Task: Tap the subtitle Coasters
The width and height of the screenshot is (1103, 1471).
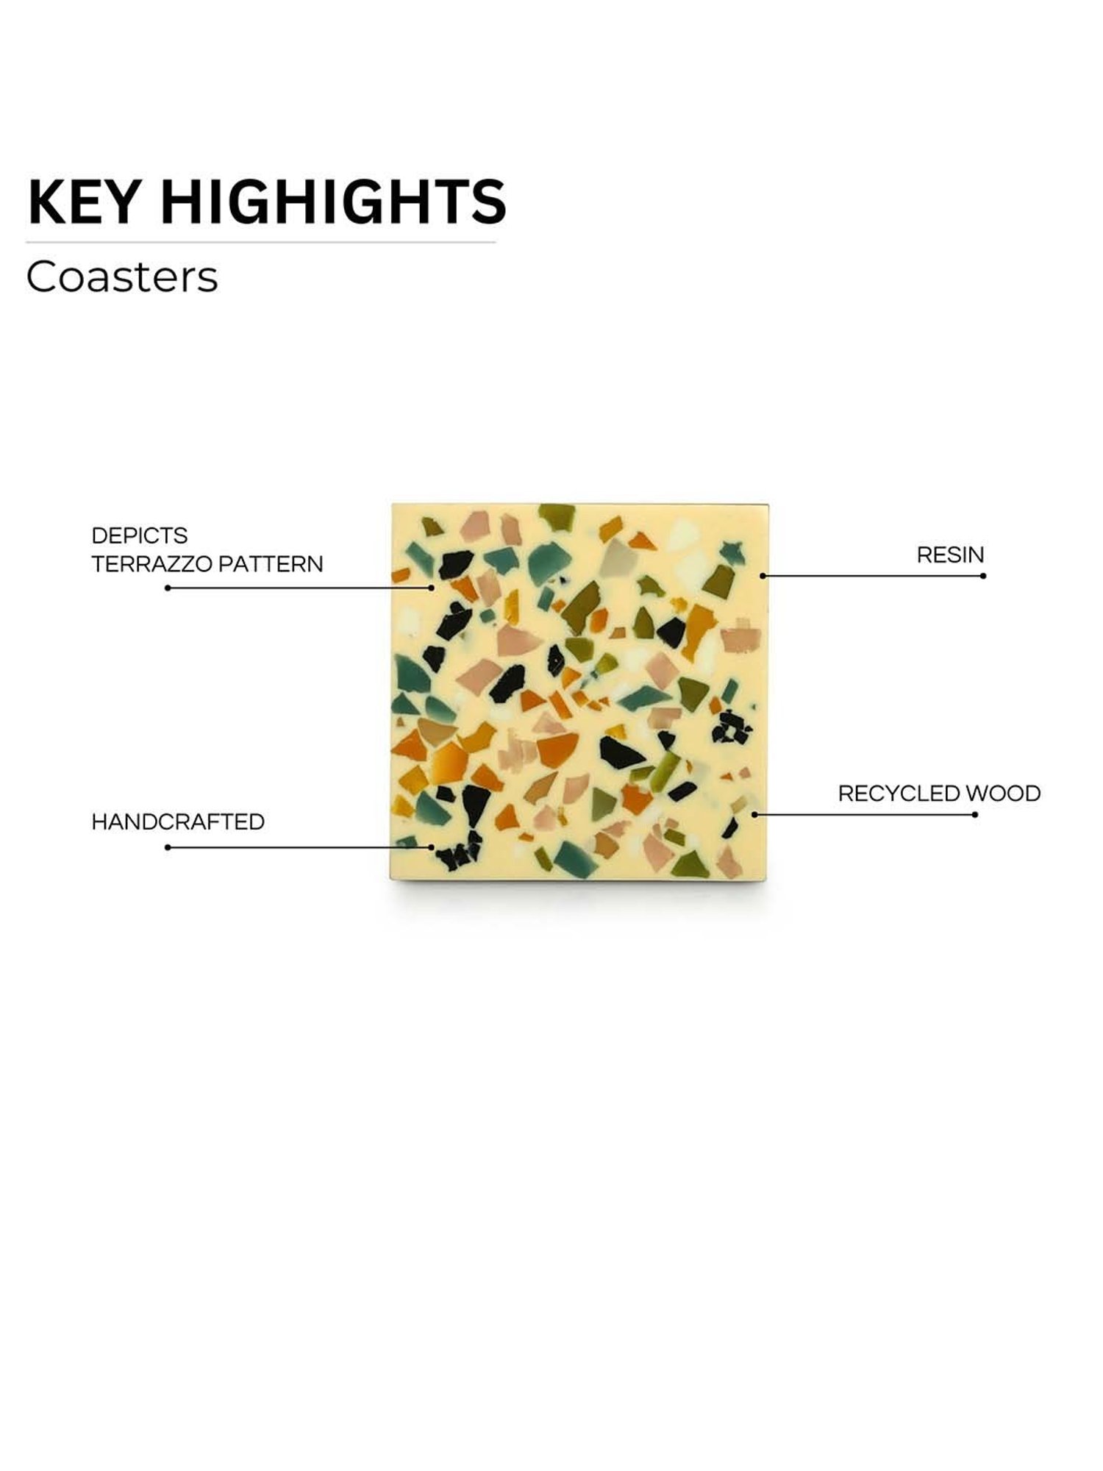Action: (x=122, y=277)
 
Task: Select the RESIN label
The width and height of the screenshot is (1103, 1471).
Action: (x=950, y=555)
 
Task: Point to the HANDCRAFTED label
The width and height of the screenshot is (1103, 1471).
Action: (x=178, y=822)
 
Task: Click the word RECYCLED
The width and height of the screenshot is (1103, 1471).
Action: (x=899, y=794)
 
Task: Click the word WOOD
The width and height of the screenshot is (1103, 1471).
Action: (x=1003, y=794)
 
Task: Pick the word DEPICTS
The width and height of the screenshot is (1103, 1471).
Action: (x=140, y=535)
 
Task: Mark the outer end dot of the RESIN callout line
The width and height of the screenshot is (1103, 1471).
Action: (x=983, y=576)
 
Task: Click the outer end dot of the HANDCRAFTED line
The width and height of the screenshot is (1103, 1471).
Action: (x=168, y=847)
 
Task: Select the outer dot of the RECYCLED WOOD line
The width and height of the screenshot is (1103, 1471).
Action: (x=975, y=815)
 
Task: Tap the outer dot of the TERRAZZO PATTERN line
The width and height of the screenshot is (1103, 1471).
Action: (x=168, y=588)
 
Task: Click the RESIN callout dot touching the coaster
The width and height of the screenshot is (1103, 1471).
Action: (x=763, y=576)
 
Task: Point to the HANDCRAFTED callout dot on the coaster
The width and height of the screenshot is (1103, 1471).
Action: (x=432, y=847)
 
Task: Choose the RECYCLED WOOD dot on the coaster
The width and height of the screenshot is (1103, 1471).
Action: (x=754, y=815)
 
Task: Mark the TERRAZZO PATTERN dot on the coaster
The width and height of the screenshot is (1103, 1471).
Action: (x=432, y=588)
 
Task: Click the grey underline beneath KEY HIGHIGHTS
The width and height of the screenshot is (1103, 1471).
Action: (x=261, y=242)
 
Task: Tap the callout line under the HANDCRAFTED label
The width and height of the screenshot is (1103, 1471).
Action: (x=300, y=847)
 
